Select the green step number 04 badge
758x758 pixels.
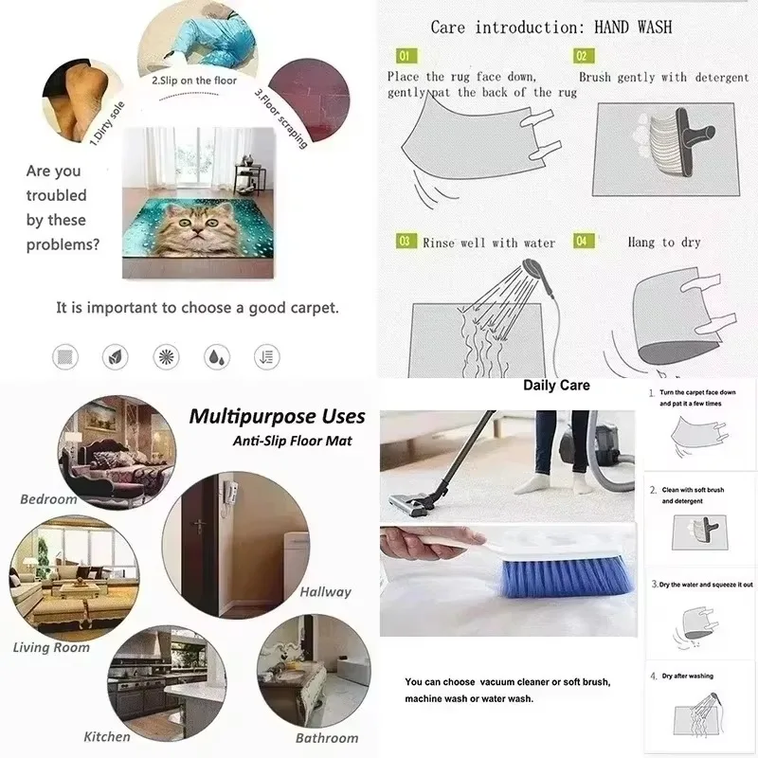click(x=582, y=242)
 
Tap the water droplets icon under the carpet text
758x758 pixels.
click(x=216, y=357)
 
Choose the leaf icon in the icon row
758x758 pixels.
click(x=115, y=357)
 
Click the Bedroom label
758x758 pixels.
click(x=47, y=498)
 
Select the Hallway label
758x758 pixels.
click(x=325, y=591)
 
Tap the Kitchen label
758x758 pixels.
click(x=107, y=736)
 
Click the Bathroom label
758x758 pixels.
click(x=327, y=737)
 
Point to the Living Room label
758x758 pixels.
click(x=51, y=648)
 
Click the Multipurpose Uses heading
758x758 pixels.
click(x=277, y=415)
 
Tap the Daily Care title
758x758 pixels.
click(x=556, y=385)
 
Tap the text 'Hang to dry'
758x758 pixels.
click(x=663, y=243)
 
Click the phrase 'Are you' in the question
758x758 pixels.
click(x=53, y=171)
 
